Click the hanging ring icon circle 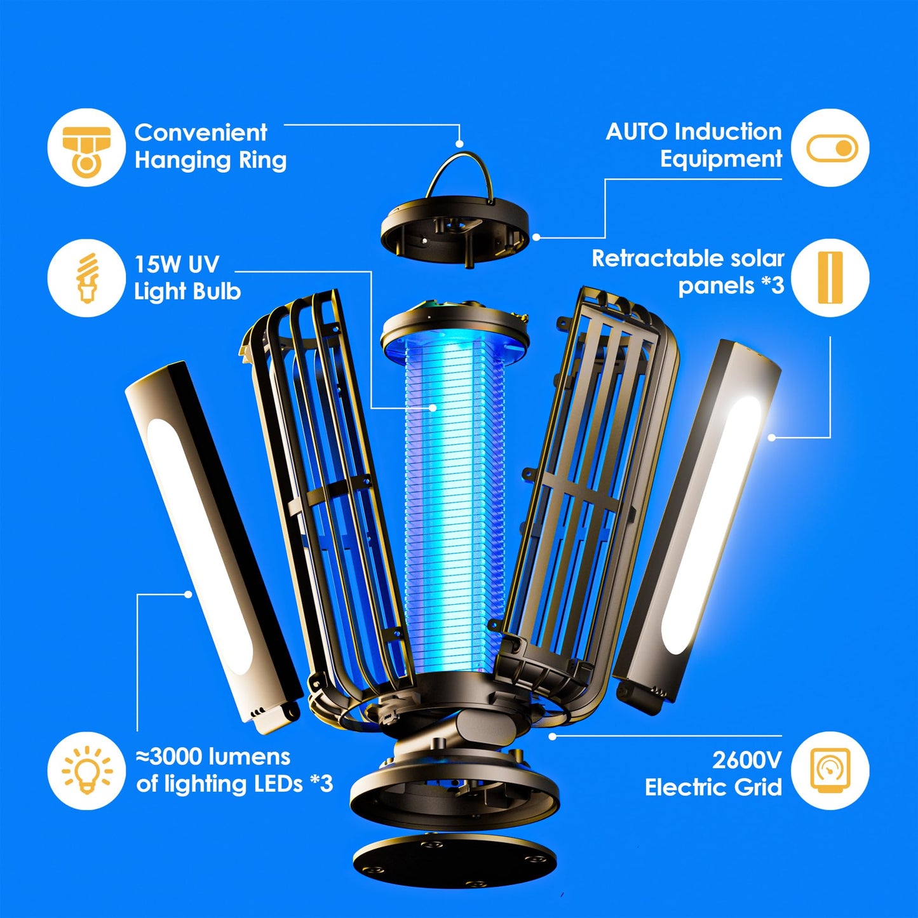86,147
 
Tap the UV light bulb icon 86,278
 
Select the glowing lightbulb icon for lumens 86,770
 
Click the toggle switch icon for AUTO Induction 831,148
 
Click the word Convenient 201,133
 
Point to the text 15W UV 177,264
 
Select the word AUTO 637,132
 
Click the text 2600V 746,760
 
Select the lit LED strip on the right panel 712,527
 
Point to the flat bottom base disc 455,861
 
